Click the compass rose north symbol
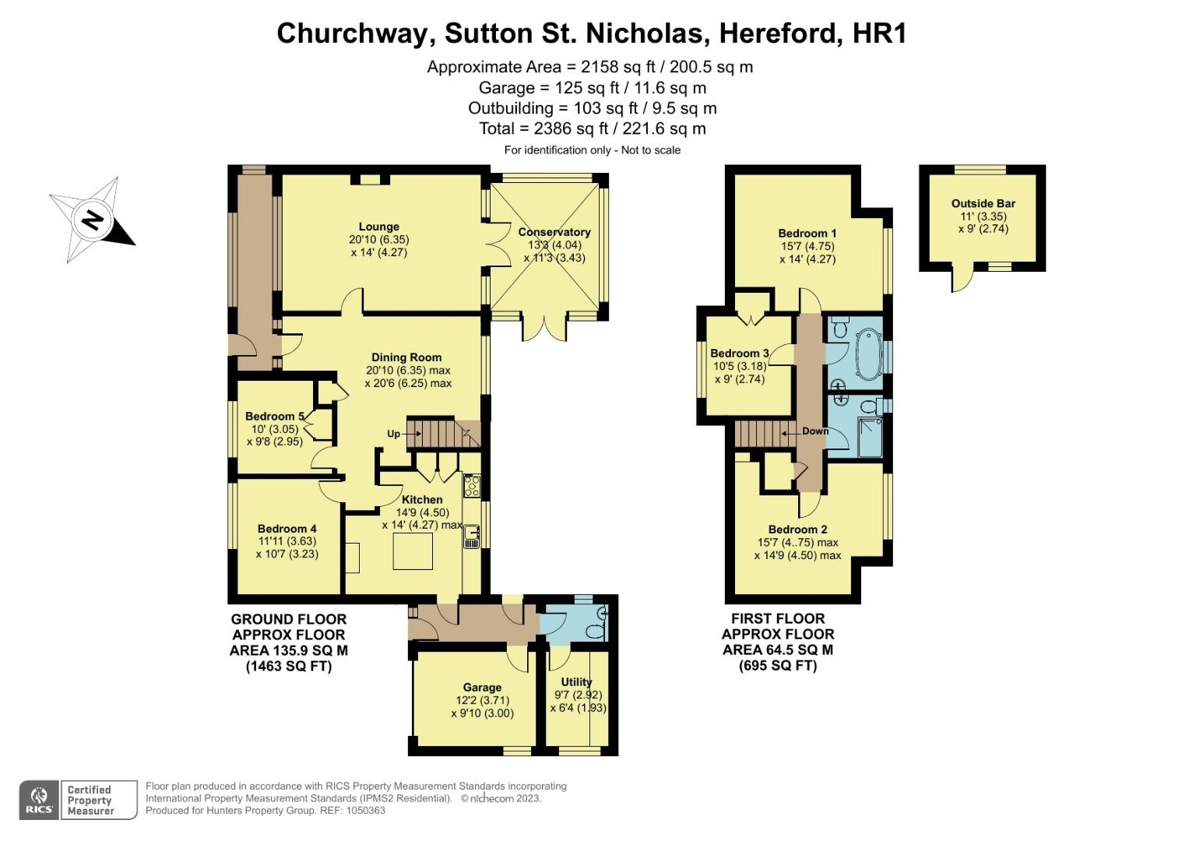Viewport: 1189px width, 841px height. [92, 220]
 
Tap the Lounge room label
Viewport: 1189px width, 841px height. [378, 227]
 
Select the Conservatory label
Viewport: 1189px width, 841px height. [554, 232]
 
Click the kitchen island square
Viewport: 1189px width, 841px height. [412, 551]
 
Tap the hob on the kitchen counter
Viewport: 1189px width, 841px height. [472, 486]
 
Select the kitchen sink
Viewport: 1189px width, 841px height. [472, 534]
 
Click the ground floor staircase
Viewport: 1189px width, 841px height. [436, 433]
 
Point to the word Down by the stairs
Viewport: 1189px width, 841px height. [814, 431]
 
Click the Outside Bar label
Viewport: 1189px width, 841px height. [983, 204]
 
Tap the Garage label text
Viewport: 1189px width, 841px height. [482, 688]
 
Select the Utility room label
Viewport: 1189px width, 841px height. [576, 682]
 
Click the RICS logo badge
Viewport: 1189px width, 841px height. [38, 800]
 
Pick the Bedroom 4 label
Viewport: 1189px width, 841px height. [287, 529]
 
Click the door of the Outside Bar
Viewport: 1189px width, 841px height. [962, 279]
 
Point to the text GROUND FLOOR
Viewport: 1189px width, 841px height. [288, 619]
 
